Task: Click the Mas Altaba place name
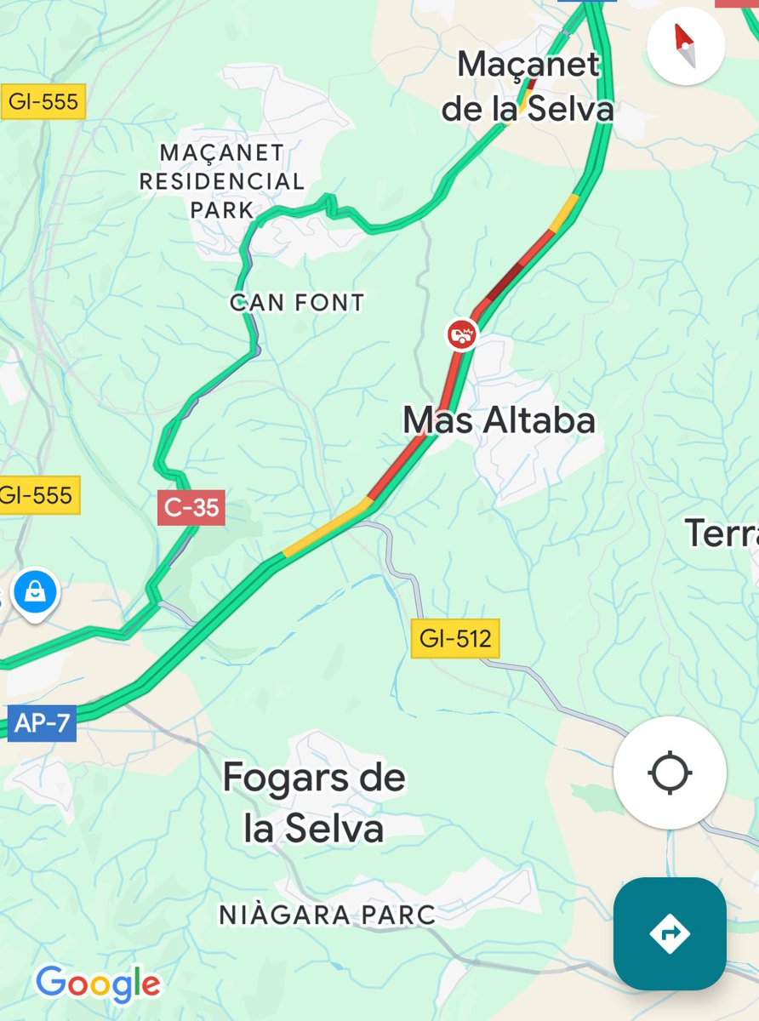[499, 420]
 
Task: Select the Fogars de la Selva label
[315, 803]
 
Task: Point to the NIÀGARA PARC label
[328, 915]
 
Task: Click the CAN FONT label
[298, 302]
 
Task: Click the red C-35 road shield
[191, 509]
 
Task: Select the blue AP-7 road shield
[42, 725]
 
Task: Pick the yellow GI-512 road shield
[455, 638]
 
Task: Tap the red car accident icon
[462, 334]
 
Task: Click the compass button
[685, 45]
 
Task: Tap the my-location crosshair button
[670, 773]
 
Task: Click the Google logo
[98, 984]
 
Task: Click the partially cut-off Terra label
[722, 533]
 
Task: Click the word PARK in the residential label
[222, 209]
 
